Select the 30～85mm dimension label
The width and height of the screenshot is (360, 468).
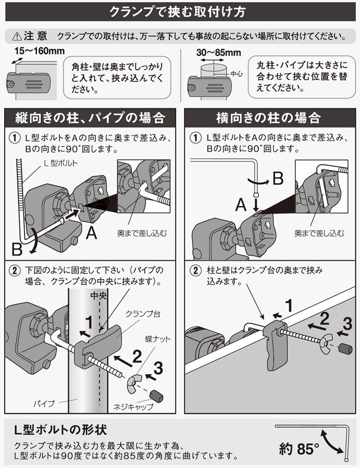pos(219,52)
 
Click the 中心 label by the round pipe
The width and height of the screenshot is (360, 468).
pos(236,74)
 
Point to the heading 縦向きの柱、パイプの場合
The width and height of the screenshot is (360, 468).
pos(90,118)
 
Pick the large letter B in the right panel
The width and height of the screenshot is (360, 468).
pos(278,178)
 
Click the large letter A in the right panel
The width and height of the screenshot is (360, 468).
pos(241,205)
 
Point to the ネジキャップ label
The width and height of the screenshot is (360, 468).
pos(133,407)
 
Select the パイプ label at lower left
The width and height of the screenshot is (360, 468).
pos(44,404)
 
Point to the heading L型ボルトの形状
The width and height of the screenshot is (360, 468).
pos(61,430)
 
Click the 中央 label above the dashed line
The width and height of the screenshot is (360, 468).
pos(98,295)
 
